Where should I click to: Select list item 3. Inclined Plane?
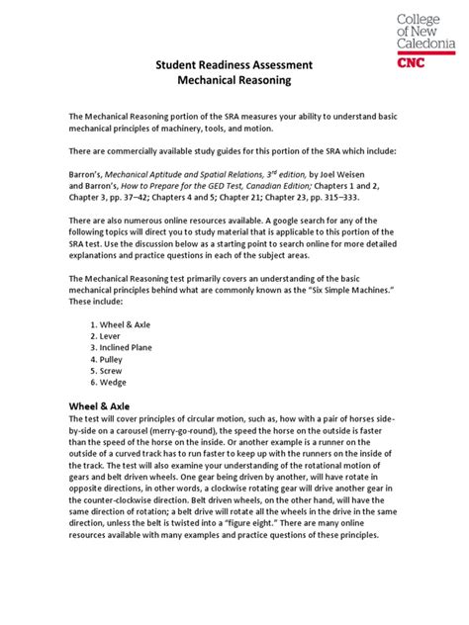[x=127, y=350]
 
